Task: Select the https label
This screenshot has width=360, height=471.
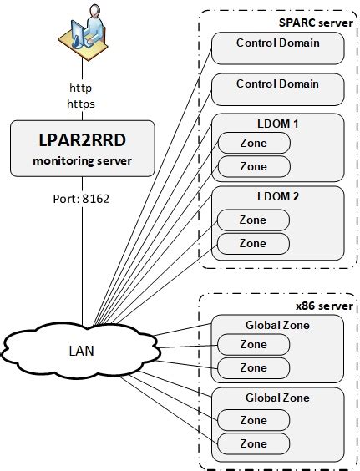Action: tap(82, 104)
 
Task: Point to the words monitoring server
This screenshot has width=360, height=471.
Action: tap(82, 159)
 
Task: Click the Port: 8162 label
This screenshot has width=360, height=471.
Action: tap(82, 200)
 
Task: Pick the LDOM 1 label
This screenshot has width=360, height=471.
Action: tap(278, 124)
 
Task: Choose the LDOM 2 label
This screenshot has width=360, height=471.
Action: tap(278, 197)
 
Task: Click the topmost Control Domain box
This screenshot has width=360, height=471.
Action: tap(278, 48)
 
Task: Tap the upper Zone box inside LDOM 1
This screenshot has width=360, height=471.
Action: tap(254, 143)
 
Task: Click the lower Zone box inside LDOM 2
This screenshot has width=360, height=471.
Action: tap(254, 243)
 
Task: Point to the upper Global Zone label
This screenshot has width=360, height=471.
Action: tap(278, 325)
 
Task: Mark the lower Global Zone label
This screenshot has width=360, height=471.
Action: tap(278, 398)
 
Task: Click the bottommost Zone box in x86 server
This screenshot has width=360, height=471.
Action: tap(254, 443)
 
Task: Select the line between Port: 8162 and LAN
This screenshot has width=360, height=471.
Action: tap(82, 267)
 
